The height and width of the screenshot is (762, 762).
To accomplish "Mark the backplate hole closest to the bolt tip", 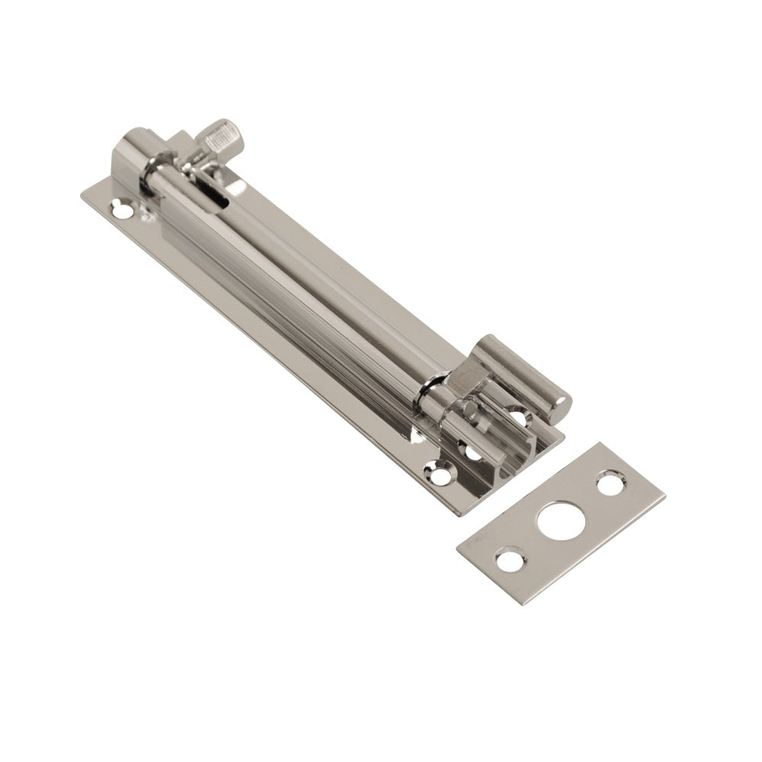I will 523,418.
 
